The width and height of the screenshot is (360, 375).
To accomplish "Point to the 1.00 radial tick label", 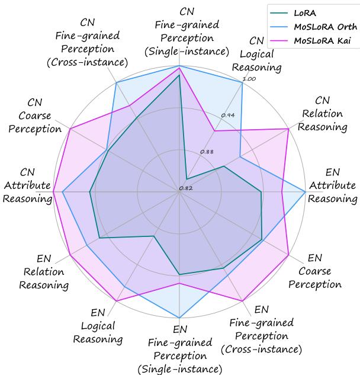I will [250, 79].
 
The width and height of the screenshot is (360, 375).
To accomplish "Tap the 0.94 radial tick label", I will [229, 115].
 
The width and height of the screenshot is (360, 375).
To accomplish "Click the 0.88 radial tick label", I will [207, 152].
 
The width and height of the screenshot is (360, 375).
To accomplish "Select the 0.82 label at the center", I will [186, 188].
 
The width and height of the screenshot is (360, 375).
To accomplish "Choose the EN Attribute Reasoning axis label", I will [333, 192].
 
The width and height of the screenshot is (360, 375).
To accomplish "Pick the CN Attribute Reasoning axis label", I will [27, 185].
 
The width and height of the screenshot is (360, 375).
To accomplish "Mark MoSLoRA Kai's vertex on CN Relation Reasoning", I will [288, 129].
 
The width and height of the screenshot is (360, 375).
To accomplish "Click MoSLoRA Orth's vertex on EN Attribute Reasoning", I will [306, 191].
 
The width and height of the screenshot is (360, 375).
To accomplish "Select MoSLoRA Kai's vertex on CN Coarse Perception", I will [70, 129].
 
